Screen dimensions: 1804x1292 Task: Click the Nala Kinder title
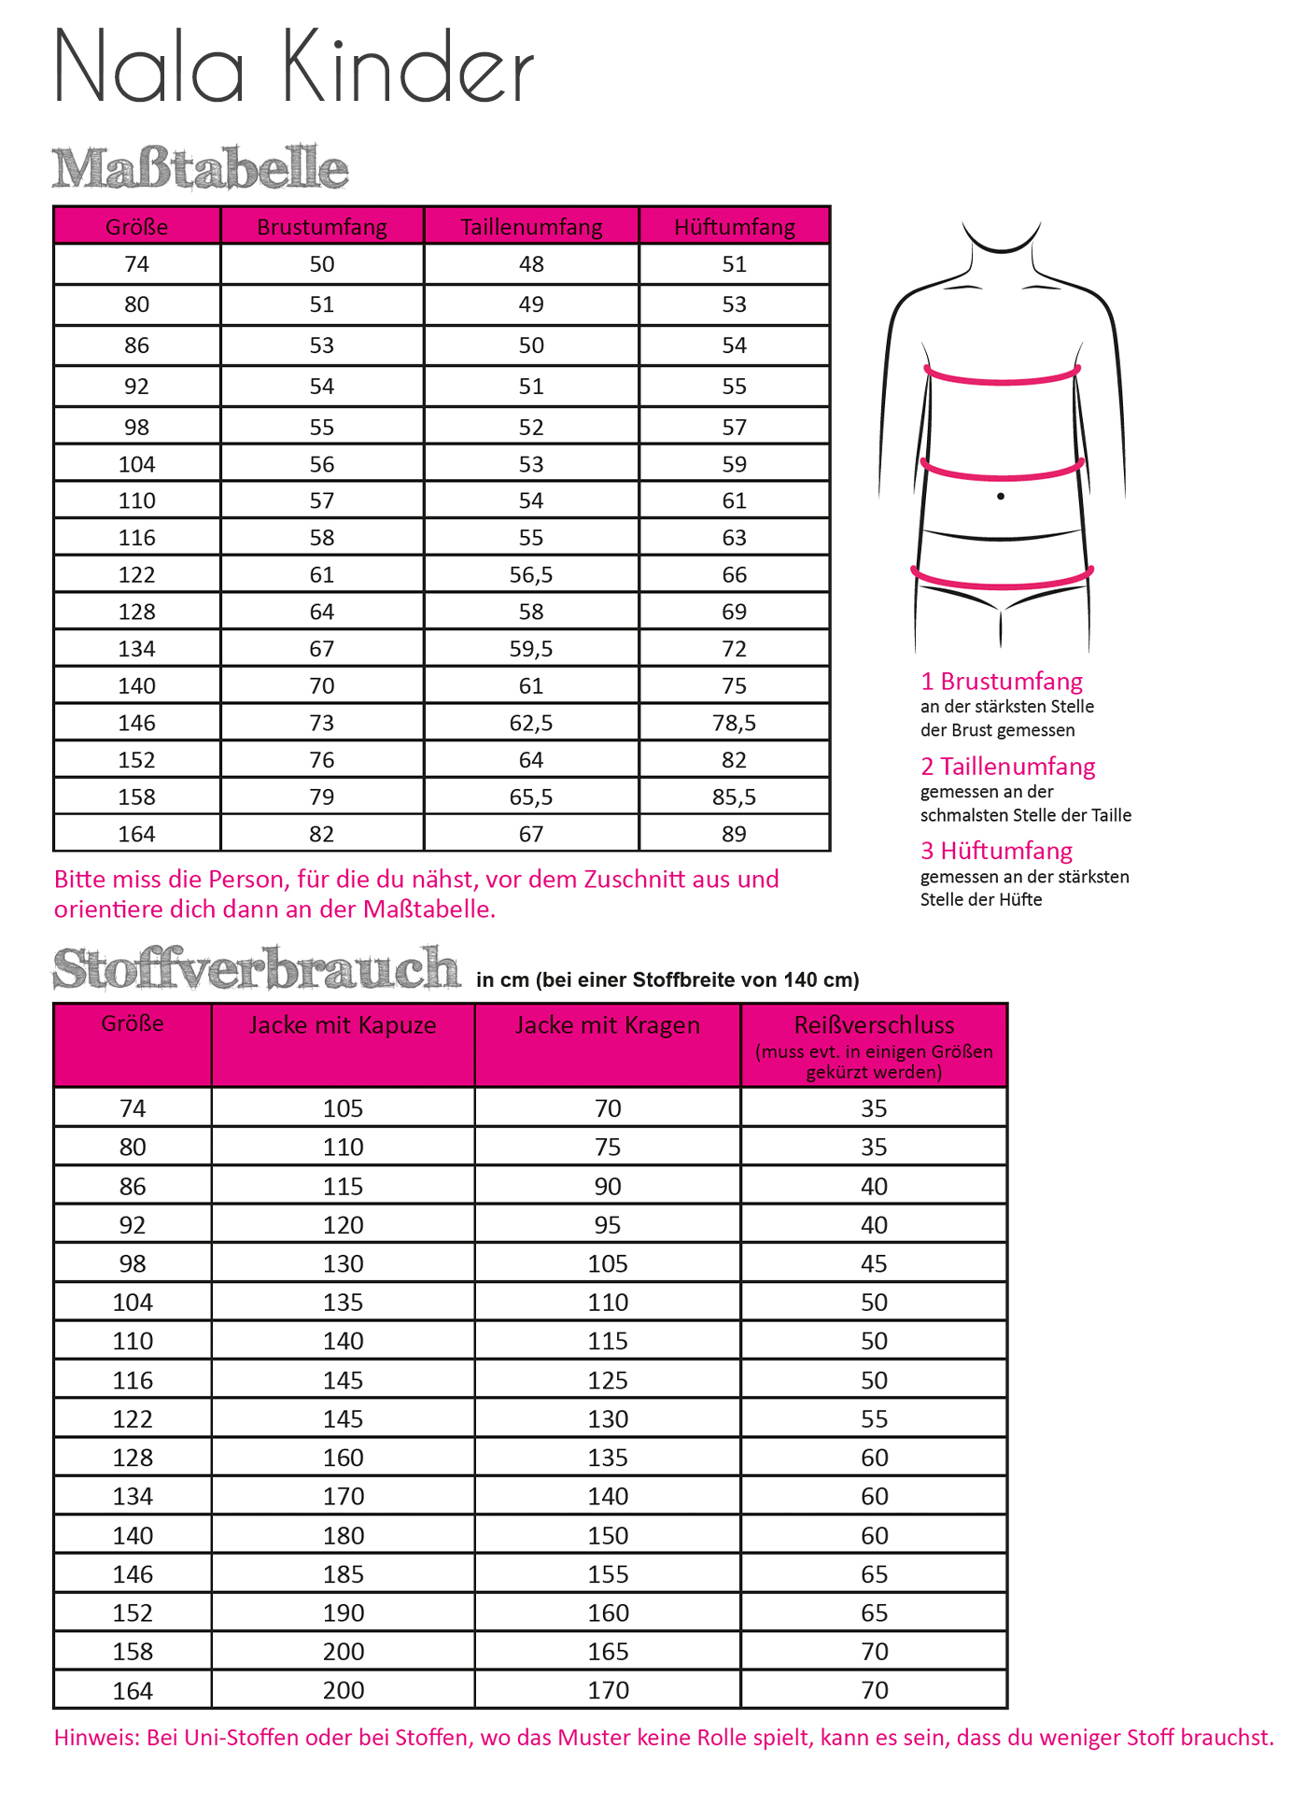coord(293,67)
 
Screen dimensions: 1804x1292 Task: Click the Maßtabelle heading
coord(200,169)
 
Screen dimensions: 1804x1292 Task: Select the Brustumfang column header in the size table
coord(322,227)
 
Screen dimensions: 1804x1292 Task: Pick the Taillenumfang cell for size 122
coord(531,575)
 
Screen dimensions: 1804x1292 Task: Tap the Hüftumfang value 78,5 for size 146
coord(734,723)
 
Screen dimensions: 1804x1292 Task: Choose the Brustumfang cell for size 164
coord(322,834)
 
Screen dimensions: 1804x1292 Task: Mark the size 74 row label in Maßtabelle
coord(136,264)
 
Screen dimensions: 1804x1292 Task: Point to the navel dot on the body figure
coord(1001,496)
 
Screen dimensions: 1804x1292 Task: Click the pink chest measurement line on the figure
coord(1002,379)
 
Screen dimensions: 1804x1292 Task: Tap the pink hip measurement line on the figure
coord(1002,583)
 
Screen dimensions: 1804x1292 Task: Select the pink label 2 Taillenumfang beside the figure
coord(1007,767)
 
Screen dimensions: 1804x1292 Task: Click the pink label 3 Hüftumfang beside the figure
coord(996,851)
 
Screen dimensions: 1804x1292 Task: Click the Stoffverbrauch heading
coord(257,968)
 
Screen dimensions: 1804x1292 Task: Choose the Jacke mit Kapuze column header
coord(343,1025)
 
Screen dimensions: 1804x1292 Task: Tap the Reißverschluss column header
coord(874,1025)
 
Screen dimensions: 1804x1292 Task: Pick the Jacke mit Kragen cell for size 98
coord(608,1263)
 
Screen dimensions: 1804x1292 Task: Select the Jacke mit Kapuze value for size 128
coord(343,1458)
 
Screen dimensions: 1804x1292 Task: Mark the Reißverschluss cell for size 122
coord(874,1419)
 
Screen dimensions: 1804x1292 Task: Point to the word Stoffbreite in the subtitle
coord(681,980)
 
